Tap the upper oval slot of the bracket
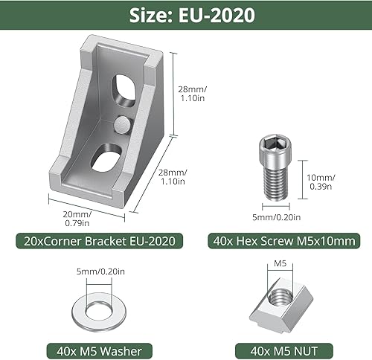(120, 91)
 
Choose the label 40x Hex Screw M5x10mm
(286, 240)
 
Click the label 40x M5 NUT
(286, 350)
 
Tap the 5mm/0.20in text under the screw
(276, 217)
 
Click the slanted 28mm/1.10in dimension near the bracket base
(174, 177)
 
